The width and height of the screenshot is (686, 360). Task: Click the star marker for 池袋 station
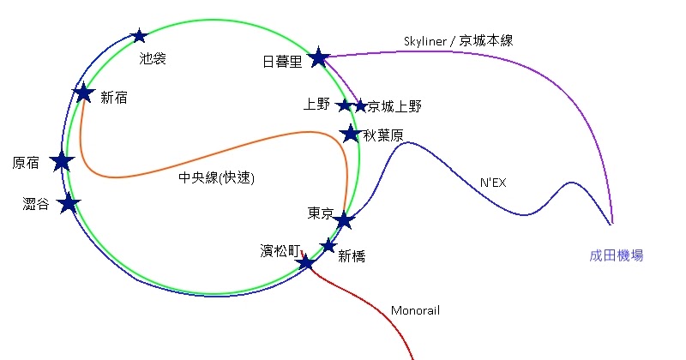point(140,36)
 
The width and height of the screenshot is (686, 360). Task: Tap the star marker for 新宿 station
point(83,93)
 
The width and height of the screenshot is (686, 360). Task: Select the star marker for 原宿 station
point(62,161)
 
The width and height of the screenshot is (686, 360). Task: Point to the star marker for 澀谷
point(69,203)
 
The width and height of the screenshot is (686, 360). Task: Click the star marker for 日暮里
point(319,57)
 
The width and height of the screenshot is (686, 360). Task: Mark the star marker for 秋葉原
point(350,133)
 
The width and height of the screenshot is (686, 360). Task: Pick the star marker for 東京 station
point(344,220)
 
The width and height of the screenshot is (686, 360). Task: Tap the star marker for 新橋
point(328,245)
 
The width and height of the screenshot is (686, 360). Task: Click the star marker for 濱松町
point(306,261)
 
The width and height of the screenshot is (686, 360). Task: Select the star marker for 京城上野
point(361,105)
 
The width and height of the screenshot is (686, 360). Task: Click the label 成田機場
point(617,255)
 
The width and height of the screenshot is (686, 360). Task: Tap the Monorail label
point(415,310)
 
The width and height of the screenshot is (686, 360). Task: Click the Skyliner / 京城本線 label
point(459,40)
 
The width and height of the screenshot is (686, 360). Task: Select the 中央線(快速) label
point(217,178)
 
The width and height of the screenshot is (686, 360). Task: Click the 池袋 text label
point(153,58)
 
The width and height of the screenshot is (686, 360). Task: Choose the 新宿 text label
point(114,98)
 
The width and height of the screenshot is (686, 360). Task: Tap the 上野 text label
point(316,105)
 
